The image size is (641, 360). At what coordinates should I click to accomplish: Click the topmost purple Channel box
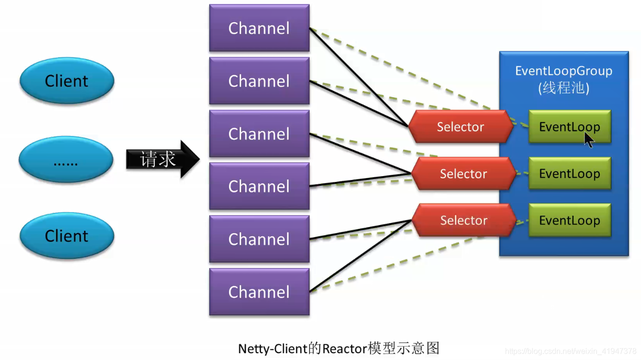(259, 28)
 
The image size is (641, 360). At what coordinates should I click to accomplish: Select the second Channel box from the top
(259, 81)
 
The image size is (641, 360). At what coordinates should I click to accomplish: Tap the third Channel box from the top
(259, 134)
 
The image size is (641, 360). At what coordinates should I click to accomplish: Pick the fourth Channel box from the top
(259, 186)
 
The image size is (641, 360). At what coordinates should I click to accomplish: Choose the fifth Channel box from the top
(259, 239)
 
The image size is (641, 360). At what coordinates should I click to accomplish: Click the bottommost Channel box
(259, 292)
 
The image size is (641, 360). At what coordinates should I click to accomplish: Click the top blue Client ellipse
(67, 81)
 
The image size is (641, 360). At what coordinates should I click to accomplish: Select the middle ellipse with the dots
(66, 159)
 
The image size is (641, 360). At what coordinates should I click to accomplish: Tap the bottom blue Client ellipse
(67, 236)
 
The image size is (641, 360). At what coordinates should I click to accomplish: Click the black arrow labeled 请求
(162, 159)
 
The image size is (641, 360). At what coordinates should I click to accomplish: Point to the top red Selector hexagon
(460, 127)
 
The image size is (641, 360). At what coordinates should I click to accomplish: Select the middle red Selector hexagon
(463, 174)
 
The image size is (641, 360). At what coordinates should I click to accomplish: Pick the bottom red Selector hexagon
(464, 221)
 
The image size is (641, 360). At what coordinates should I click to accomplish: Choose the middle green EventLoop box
(569, 174)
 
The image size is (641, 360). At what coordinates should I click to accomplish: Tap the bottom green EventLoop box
(569, 221)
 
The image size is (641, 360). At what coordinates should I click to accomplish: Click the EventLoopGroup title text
(564, 71)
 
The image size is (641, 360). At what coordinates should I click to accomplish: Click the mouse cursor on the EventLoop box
(588, 139)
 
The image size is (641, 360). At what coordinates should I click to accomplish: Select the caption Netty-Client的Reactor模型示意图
(338, 348)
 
